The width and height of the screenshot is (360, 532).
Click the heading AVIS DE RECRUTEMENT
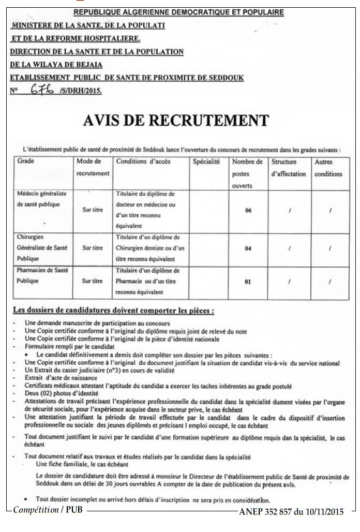[x=176, y=120]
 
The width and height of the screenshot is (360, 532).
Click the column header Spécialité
[x=206, y=162]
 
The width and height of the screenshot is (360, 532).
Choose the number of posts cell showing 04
[x=248, y=248]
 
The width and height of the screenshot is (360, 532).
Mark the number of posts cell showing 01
[x=248, y=282]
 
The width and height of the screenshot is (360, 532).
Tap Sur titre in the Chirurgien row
[x=93, y=248]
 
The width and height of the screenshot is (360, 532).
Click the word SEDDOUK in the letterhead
[x=224, y=78]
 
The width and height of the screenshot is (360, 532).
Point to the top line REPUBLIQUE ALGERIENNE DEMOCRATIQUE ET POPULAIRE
[x=178, y=11]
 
